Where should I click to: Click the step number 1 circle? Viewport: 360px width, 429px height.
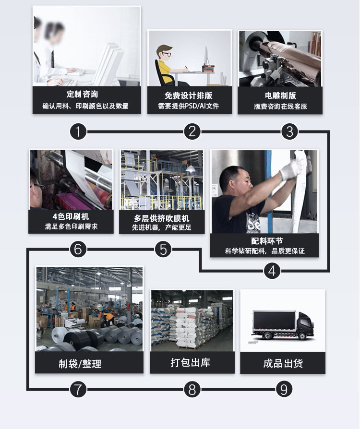pyautogui.click(x=78, y=131)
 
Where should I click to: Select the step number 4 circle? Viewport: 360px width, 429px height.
pyautogui.click(x=272, y=271)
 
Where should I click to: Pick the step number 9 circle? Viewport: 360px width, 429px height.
pyautogui.click(x=284, y=389)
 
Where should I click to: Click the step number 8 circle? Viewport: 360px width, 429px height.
pyautogui.click(x=192, y=389)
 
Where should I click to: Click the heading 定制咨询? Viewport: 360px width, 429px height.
pyautogui.click(x=86, y=95)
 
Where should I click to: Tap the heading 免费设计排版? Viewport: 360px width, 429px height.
pyautogui.click(x=189, y=95)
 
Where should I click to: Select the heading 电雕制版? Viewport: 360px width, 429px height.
pyautogui.click(x=280, y=95)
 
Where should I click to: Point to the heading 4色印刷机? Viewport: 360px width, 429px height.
pyautogui.click(x=71, y=216)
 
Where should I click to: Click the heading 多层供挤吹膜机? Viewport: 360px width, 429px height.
pyautogui.click(x=161, y=218)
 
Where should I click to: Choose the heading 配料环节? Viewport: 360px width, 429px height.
pyautogui.click(x=264, y=240)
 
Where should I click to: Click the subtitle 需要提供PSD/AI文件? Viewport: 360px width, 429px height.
pyautogui.click(x=189, y=106)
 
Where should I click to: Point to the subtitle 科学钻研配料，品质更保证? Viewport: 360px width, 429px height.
pyautogui.click(x=264, y=251)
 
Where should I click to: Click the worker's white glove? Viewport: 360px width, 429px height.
pyautogui.click(x=291, y=169)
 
